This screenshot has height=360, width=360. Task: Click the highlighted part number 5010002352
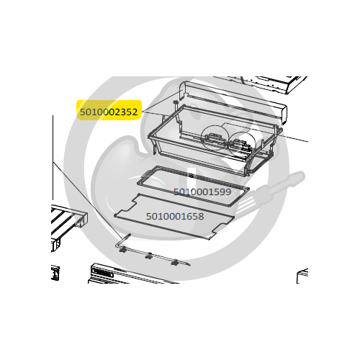109,112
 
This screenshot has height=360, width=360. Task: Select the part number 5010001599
202,192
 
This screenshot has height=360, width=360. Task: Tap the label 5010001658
175,216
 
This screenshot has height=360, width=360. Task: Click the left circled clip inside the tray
213,139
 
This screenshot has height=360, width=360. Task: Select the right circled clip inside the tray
241,145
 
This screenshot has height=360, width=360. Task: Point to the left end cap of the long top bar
184,90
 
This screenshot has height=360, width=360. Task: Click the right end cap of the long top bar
283,114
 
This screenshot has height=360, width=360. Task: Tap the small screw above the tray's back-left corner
176,102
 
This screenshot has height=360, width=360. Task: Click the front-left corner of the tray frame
150,137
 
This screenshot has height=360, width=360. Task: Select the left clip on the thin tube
122,250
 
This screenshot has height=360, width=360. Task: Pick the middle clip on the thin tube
148,256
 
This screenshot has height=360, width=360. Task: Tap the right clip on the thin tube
174,262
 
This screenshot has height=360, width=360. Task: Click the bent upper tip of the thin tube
128,235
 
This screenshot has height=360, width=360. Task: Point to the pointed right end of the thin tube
189,265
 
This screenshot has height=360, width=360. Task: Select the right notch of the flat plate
222,228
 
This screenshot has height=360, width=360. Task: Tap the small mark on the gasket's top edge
191,176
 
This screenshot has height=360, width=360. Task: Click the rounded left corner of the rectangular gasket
139,183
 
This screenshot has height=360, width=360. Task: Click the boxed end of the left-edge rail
81,219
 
